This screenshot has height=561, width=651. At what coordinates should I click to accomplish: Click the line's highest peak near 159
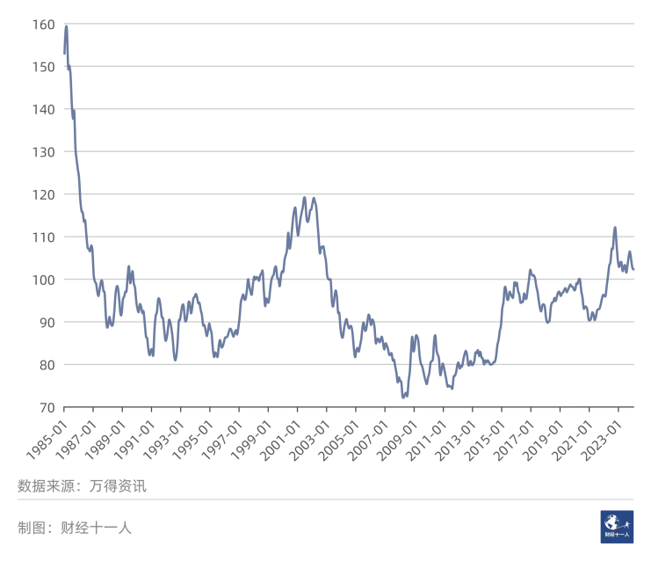66,26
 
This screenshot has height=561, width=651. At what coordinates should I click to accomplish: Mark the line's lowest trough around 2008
403,397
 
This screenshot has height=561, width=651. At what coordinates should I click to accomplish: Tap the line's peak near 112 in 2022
615,228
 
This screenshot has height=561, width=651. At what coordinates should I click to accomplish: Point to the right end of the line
633,269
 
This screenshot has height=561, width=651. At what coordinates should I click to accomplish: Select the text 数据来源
46,485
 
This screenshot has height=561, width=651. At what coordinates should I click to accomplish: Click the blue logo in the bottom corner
618,527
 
